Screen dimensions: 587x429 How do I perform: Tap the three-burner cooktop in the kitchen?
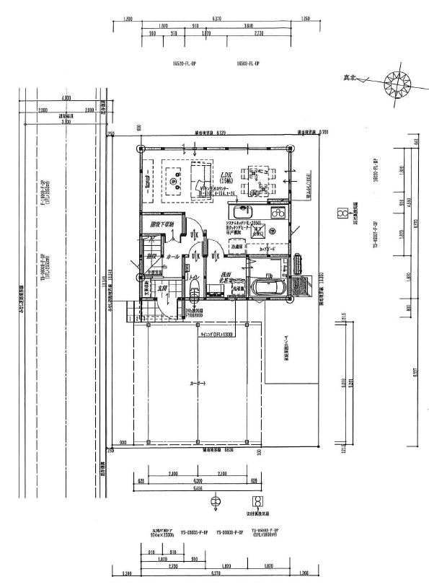click(x=278, y=212)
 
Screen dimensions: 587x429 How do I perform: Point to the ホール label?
click(x=173, y=256)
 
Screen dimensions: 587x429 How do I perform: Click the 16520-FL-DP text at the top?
click(x=185, y=64)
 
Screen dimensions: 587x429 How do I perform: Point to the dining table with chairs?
click(x=258, y=180)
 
